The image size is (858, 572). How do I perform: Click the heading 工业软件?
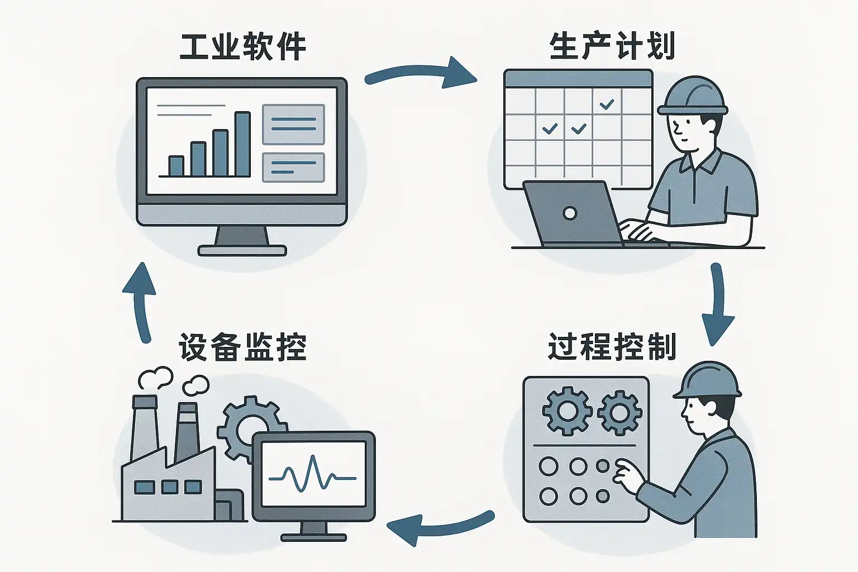(x=243, y=47)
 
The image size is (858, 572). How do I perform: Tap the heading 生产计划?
(x=612, y=46)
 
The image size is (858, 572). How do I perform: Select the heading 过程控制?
(x=612, y=346)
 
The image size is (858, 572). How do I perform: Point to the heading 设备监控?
(x=243, y=347)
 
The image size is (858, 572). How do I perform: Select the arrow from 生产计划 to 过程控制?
(x=718, y=304)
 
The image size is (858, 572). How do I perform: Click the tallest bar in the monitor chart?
(x=242, y=144)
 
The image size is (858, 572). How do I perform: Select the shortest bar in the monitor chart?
(x=176, y=166)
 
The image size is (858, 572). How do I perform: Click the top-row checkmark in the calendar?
(x=607, y=104)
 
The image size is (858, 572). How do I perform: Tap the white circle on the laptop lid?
(x=570, y=213)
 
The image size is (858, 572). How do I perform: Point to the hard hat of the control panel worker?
(x=707, y=380)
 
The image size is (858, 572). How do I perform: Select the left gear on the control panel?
(x=567, y=412)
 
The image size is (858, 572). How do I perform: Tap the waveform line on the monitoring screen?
(x=313, y=475)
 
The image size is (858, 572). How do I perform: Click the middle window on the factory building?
(x=169, y=487)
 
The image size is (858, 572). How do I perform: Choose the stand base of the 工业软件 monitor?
(x=242, y=251)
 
